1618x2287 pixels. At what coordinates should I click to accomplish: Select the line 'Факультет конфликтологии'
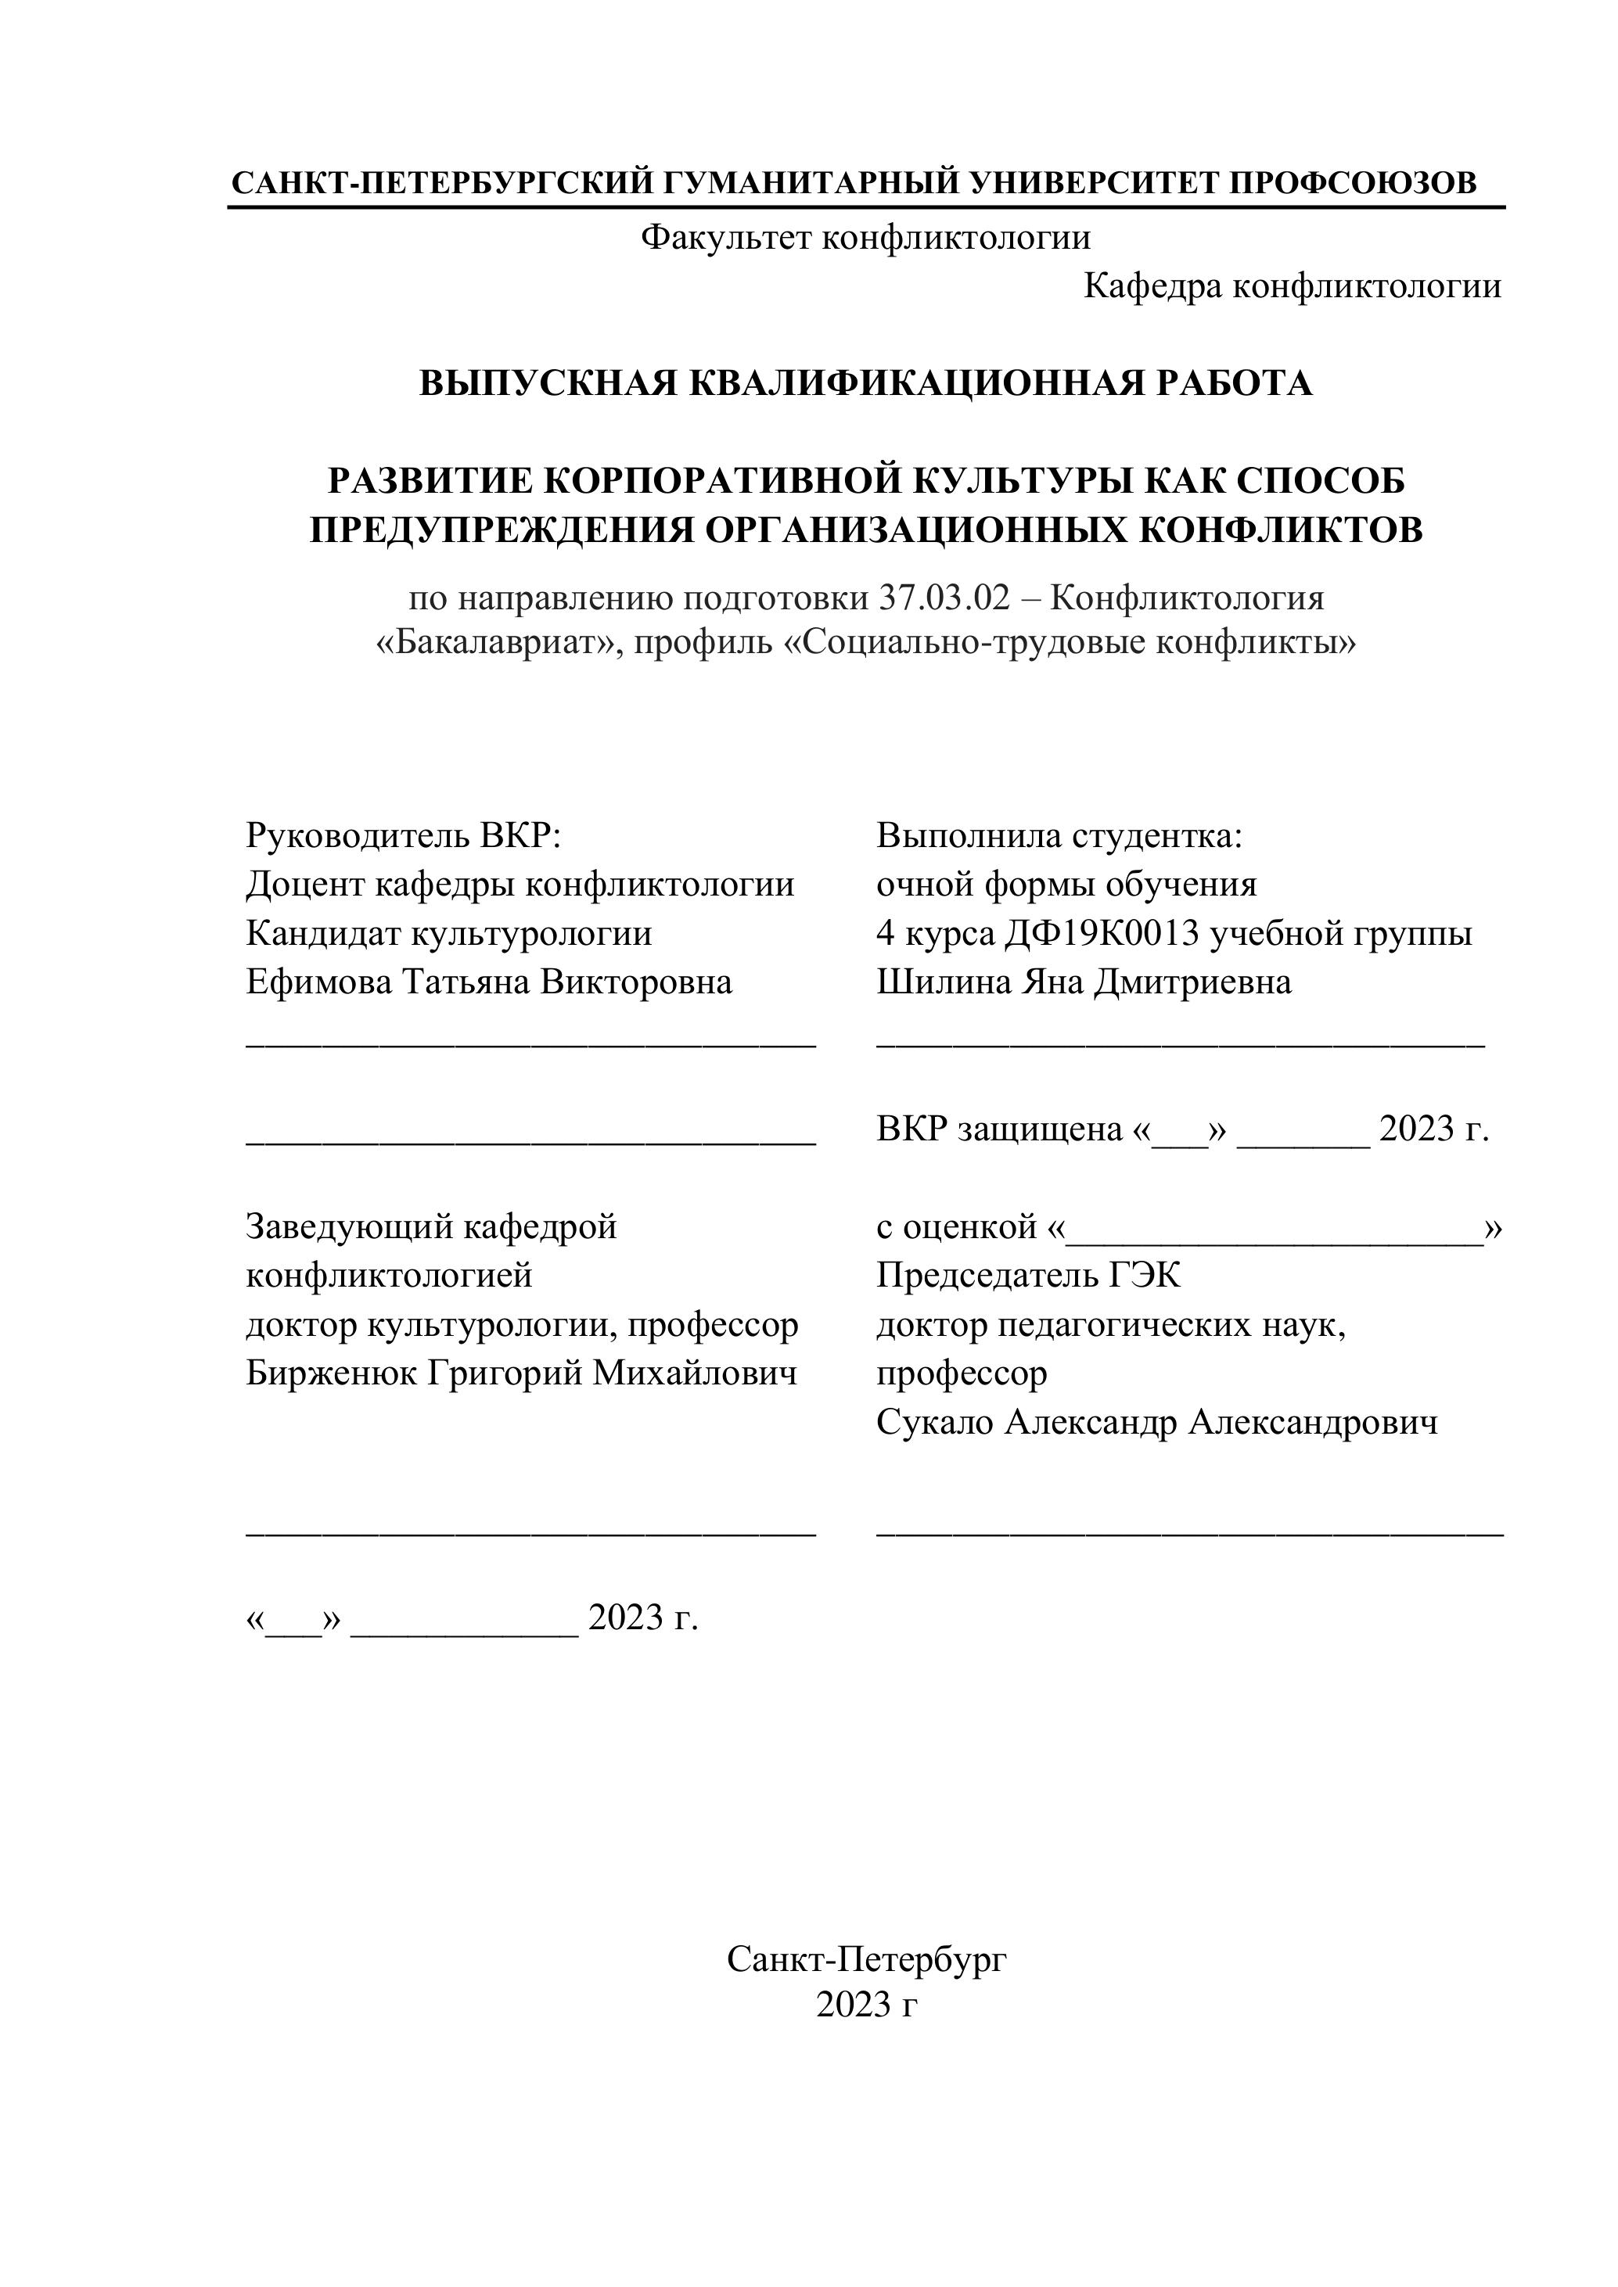(x=865, y=238)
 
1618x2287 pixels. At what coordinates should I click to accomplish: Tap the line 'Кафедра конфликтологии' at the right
(x=1291, y=287)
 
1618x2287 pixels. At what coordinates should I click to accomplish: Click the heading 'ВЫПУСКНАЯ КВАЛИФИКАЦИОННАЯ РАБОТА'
(x=865, y=383)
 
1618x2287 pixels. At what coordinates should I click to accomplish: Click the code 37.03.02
(x=943, y=598)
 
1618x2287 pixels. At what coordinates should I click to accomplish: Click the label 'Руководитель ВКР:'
(x=404, y=835)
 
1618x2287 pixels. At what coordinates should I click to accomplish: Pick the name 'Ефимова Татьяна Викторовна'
(x=488, y=982)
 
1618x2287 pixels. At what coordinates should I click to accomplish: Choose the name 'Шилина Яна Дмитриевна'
(x=1083, y=982)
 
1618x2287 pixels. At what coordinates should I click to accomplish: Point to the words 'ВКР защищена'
(x=999, y=1129)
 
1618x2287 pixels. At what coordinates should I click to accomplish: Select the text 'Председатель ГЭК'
(x=1028, y=1276)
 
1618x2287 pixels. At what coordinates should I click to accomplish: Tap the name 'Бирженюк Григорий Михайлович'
(x=521, y=1373)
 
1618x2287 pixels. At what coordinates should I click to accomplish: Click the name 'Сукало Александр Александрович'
(x=1156, y=1423)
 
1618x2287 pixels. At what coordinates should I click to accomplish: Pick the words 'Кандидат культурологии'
(x=448, y=933)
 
